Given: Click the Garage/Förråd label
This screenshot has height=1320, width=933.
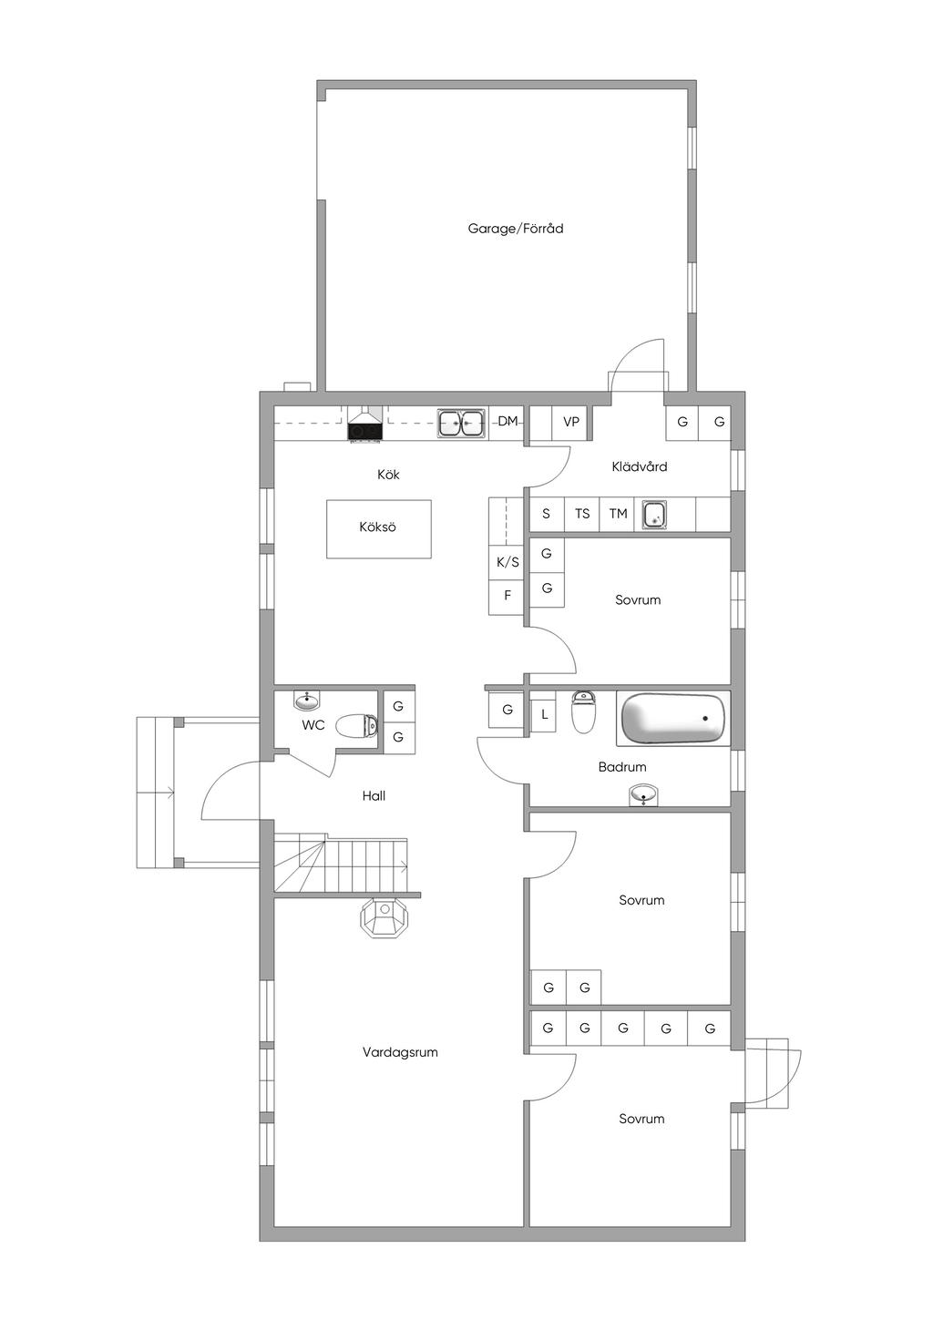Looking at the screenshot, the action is point(515,228).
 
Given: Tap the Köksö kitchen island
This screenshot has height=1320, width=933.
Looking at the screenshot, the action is point(379,528).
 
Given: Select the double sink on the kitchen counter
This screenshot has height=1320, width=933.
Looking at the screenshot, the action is point(461,423).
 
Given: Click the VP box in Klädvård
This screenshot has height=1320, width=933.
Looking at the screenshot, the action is point(570,423).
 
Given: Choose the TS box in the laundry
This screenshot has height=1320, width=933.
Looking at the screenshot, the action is point(581,514).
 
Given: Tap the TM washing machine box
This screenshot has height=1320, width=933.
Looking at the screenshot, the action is point(618,514).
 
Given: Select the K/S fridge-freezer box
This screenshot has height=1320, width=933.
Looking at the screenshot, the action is point(507,562).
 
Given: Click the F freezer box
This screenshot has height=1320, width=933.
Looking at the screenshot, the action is point(507,597).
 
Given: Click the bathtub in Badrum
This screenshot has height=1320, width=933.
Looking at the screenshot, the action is point(673,719).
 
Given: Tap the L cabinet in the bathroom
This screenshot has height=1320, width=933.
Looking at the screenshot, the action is point(544,715).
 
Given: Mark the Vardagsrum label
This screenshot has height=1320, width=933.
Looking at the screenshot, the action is point(400,1052).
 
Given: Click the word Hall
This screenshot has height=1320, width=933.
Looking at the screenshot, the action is point(374,796).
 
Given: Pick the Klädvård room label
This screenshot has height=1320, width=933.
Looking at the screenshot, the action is point(640,466).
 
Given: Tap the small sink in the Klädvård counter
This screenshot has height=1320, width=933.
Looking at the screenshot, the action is point(655,514).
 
